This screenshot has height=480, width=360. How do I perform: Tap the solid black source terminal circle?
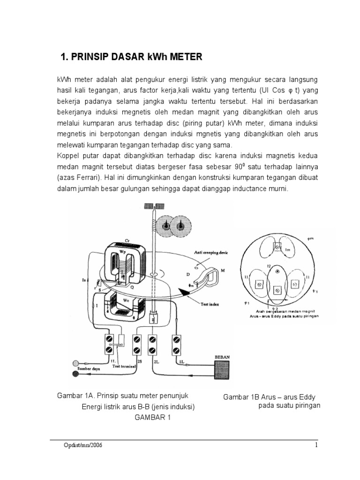(x=75, y=374)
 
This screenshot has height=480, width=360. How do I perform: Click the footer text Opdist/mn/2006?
(x=82, y=445)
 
